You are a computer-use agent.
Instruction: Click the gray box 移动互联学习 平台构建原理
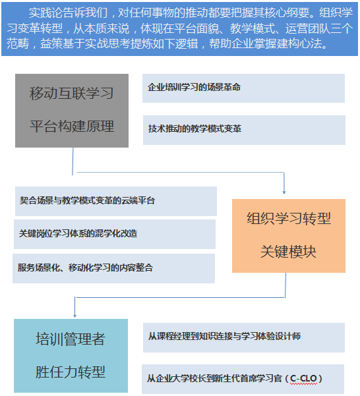pos(72,111)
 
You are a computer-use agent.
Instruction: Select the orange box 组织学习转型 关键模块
pos(289,236)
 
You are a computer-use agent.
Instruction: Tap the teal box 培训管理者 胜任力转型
pos(71,356)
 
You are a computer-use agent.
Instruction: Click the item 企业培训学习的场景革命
pos(243,88)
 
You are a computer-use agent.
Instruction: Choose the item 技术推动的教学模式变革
pos(244,130)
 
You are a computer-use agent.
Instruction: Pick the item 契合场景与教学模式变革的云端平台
pos(116,201)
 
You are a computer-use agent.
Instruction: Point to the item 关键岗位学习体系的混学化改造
pos(115,234)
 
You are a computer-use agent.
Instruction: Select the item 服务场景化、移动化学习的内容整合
pos(113,268)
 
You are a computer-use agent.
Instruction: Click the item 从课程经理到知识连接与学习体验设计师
pos(244,337)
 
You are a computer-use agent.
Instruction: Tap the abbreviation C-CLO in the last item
pos(303,378)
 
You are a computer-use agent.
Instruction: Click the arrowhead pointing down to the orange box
pos(284,192)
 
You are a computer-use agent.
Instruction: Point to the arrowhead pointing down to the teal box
pos(75,316)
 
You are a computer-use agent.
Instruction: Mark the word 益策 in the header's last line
pos(51,43)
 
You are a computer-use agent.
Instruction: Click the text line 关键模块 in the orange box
pos(288,252)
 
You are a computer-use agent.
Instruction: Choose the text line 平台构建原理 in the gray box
pos(72,126)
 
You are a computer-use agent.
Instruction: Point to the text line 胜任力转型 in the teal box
pos(71,372)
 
